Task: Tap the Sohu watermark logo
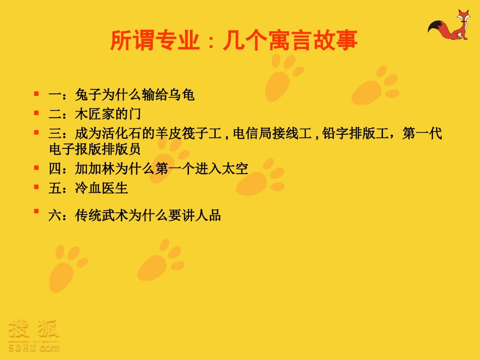coord(33,335)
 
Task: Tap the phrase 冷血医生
coord(102,188)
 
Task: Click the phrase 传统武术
coord(102,216)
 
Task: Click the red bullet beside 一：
coord(36,93)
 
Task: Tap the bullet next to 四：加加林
coord(36,167)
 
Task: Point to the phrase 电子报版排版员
coord(94,149)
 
